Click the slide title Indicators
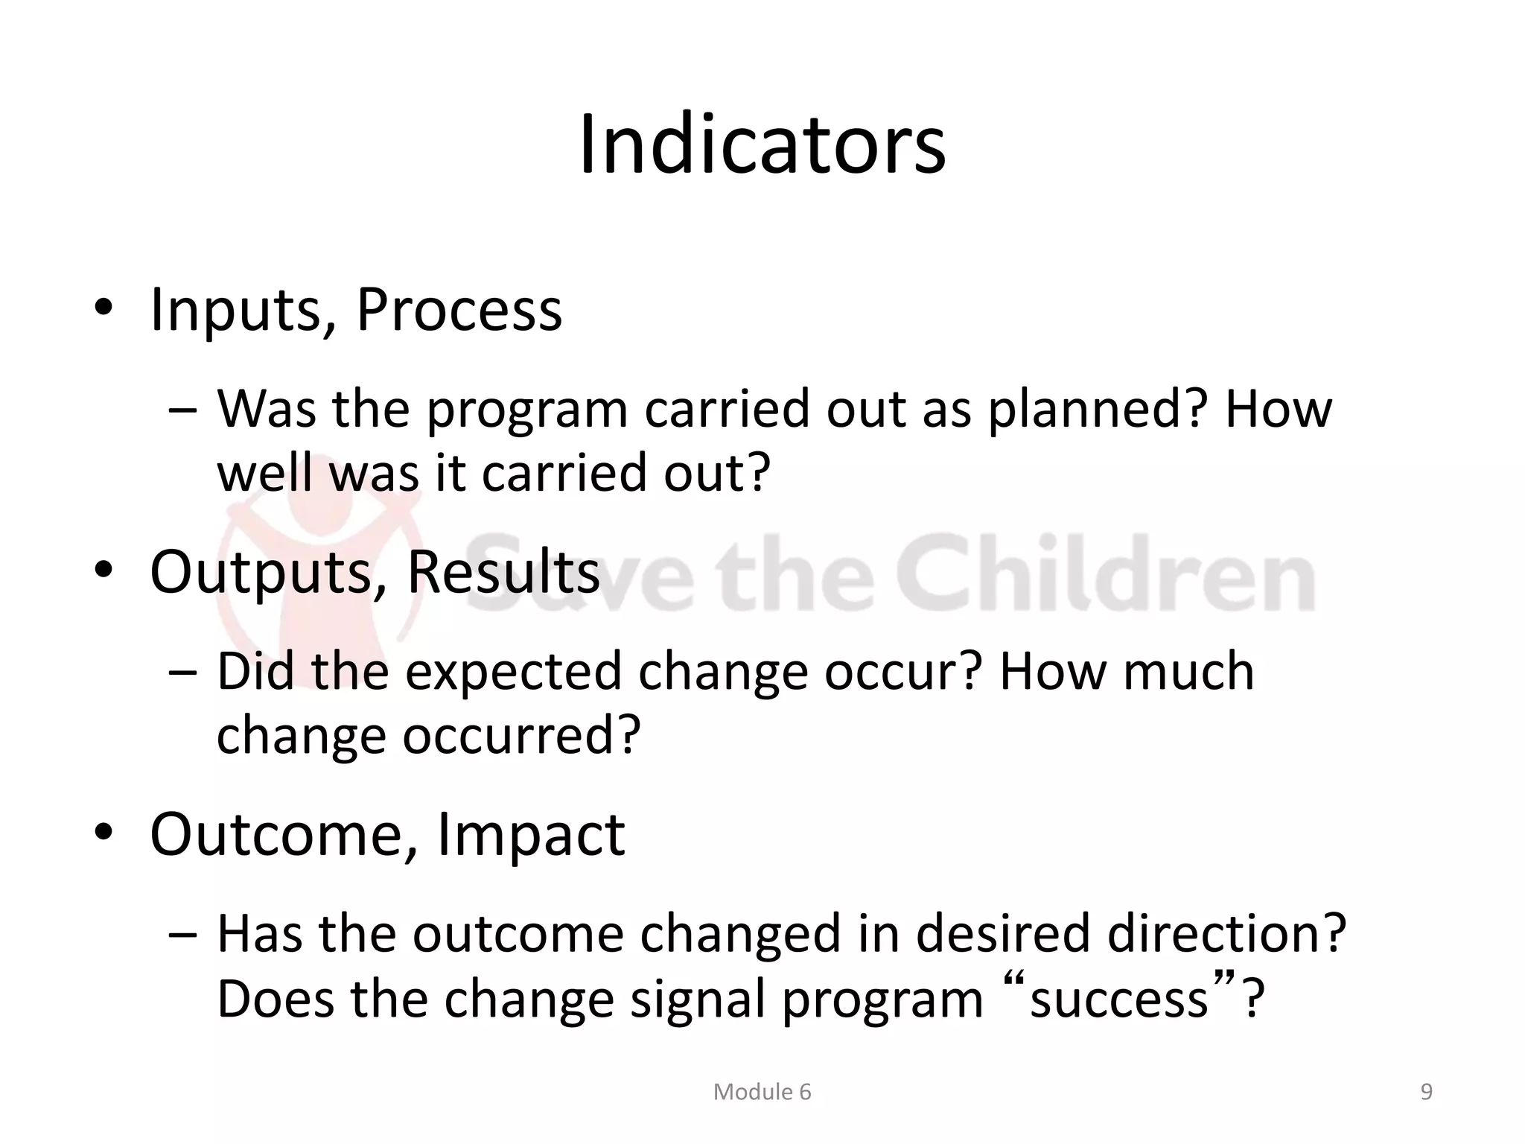coord(762,145)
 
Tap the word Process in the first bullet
coord(459,310)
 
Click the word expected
coord(514,672)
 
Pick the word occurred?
coord(521,736)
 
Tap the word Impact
coord(530,834)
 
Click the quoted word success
coord(1118,1000)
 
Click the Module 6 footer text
coord(762,1092)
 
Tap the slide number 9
coord(1426,1092)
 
